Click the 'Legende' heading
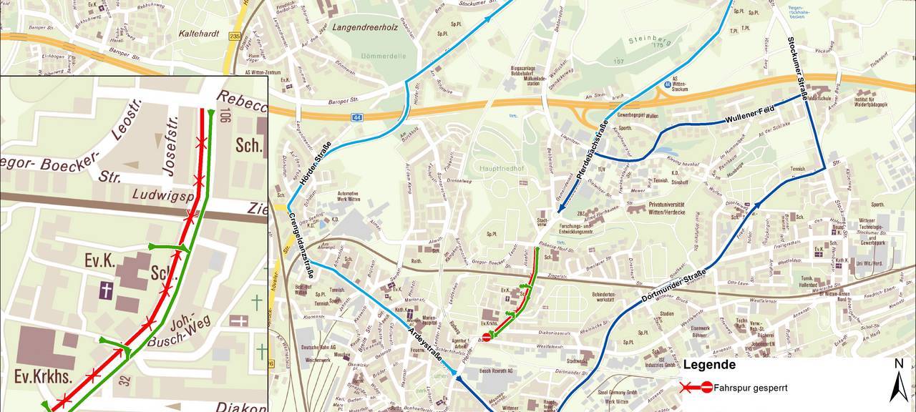[x=709, y=365]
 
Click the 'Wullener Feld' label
[x=750, y=114]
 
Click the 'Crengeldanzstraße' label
[x=301, y=239]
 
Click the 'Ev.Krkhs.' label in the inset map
[x=37, y=376]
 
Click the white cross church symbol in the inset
[x=106, y=290]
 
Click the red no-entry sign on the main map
[x=487, y=337]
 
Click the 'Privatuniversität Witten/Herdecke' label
[x=673, y=207]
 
